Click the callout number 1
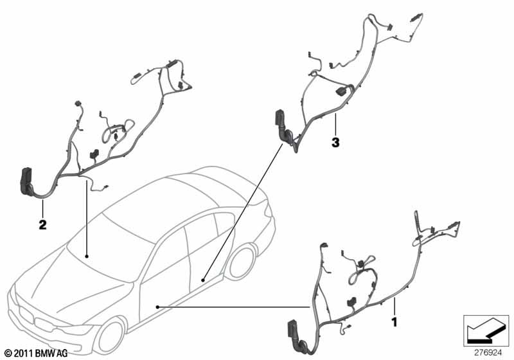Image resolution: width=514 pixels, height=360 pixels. [x=394, y=321]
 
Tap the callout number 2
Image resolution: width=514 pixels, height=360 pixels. [x=42, y=224]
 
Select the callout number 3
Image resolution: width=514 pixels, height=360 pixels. [x=335, y=142]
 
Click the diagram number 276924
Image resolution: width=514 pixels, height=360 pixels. [x=488, y=353]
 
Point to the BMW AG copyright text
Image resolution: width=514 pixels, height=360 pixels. [x=37, y=354]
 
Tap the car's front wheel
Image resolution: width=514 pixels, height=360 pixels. [x=109, y=336]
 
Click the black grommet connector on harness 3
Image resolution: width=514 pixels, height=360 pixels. [x=283, y=127]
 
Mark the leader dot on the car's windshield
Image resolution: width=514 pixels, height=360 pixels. [x=87, y=256]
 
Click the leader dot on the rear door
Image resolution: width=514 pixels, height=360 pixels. [x=203, y=280]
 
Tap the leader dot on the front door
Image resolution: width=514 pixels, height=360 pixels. [x=157, y=307]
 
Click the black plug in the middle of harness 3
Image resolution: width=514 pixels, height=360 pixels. [x=341, y=92]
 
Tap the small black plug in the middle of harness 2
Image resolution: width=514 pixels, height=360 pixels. [x=94, y=154]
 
